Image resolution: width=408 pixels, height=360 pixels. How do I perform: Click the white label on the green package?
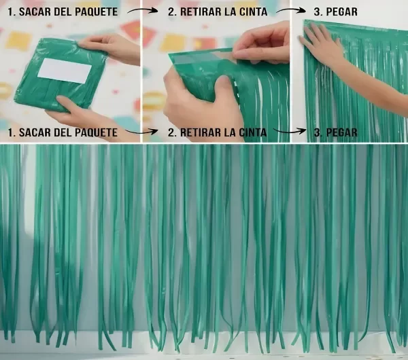[65, 71]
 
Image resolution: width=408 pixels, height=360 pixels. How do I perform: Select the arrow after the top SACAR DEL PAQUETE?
[143, 10]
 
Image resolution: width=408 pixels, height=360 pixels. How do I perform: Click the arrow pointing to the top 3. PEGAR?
[291, 10]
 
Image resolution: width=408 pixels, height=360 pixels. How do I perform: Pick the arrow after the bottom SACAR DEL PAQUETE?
[142, 132]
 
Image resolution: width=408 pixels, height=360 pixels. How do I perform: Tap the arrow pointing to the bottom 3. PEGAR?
[290, 130]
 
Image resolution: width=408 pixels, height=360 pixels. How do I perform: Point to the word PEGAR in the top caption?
[341, 12]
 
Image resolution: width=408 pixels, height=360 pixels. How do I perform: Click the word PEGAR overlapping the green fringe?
[341, 132]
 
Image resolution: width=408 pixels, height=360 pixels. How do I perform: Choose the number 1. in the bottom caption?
[12, 132]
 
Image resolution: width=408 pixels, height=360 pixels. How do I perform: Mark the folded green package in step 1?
[61, 74]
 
